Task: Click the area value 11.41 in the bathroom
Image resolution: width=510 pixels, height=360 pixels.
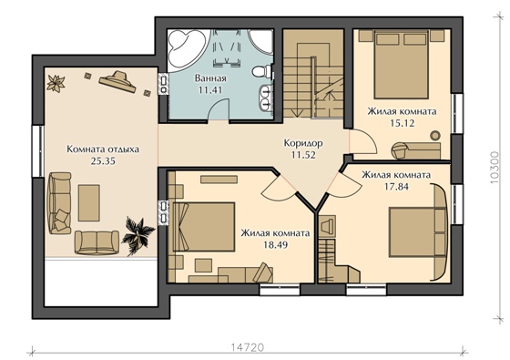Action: click(210, 90)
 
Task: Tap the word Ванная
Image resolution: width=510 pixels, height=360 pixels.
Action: click(210, 78)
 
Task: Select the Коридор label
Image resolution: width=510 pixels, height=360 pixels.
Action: click(303, 143)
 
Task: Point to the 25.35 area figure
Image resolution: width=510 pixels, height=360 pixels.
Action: click(103, 160)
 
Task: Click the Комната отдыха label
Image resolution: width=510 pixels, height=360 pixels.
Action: click(103, 149)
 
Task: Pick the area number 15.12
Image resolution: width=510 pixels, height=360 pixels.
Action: click(402, 123)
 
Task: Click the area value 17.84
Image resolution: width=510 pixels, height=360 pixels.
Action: click(396, 187)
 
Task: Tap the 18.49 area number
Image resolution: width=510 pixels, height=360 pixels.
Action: click(275, 245)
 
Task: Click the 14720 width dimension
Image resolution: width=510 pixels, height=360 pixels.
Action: click(248, 347)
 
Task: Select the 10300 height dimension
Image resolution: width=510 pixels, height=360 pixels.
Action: click(495, 168)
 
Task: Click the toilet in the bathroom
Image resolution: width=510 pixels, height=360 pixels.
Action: click(262, 71)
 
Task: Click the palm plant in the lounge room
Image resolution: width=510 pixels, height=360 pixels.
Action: click(137, 235)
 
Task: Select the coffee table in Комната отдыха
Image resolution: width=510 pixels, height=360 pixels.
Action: click(89, 202)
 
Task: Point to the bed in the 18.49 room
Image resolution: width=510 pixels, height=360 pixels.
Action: click(204, 227)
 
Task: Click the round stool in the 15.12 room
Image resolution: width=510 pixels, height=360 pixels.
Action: click(435, 135)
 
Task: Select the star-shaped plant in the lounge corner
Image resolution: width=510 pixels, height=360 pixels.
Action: click(56, 83)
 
